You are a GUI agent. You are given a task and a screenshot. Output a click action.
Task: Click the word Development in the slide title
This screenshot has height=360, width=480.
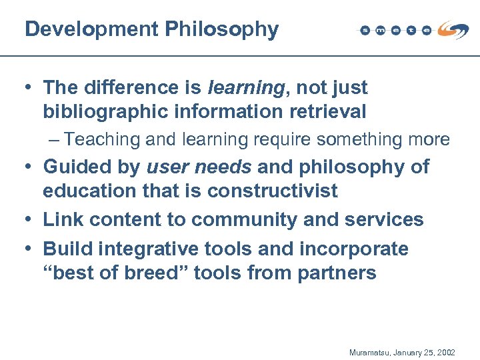coord(91,29)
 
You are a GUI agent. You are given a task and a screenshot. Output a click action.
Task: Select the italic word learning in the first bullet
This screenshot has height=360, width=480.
coord(245,87)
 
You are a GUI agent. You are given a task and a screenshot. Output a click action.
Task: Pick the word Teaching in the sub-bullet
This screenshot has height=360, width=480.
coord(103,139)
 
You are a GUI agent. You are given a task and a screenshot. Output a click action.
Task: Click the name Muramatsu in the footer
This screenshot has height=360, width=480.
coord(371,351)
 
